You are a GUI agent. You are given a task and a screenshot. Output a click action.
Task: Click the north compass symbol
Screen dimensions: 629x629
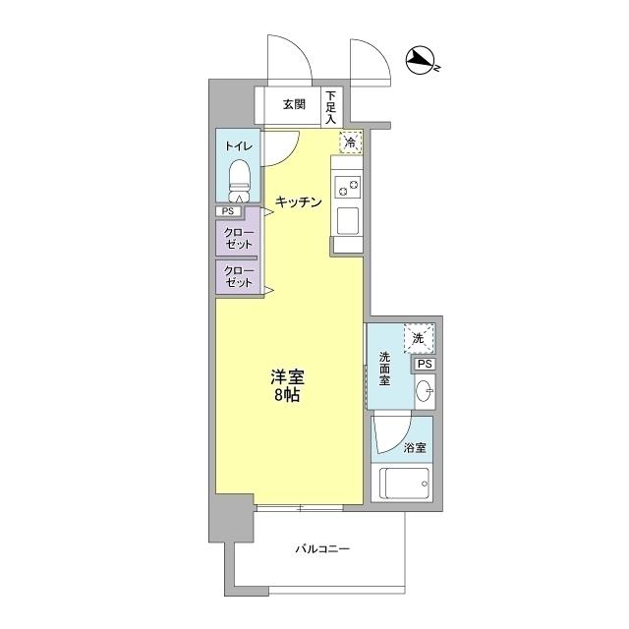click(x=422, y=61)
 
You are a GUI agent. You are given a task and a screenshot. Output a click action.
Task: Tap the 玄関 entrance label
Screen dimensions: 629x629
click(x=295, y=104)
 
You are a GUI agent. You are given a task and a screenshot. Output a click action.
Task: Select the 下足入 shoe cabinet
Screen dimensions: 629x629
click(x=331, y=107)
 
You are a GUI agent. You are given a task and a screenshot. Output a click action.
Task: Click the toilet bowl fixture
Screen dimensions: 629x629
click(x=239, y=181)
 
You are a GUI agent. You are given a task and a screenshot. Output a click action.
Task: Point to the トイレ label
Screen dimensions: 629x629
click(x=238, y=146)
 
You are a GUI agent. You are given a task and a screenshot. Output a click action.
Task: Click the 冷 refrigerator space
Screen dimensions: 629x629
click(x=351, y=142)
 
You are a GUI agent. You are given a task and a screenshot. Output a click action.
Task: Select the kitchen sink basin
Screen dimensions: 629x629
click(x=348, y=220)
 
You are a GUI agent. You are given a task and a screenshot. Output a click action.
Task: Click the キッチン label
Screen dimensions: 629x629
click(x=299, y=201)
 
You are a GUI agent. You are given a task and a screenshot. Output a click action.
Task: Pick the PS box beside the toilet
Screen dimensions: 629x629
click(x=228, y=211)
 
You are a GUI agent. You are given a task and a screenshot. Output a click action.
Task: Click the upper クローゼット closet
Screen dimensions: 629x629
click(x=238, y=238)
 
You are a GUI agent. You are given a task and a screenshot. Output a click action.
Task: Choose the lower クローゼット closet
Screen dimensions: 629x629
click(x=238, y=277)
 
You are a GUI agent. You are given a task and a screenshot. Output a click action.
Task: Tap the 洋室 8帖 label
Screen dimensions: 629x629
click(x=287, y=386)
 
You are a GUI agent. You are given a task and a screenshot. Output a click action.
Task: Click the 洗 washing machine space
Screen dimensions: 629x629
click(x=419, y=338)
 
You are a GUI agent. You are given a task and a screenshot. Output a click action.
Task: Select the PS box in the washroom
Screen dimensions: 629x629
click(x=425, y=364)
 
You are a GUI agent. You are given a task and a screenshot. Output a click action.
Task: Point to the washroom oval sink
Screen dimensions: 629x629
click(x=425, y=390)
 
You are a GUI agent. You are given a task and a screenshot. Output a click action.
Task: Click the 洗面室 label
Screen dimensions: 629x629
click(x=384, y=369)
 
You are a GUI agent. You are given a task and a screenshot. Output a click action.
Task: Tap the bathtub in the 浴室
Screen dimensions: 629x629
click(x=403, y=483)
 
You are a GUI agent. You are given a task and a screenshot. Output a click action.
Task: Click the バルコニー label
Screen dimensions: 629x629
click(x=322, y=548)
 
